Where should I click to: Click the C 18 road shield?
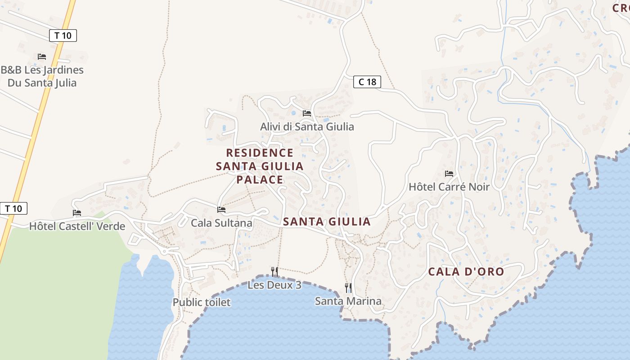[367, 82]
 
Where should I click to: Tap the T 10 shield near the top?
[63, 36]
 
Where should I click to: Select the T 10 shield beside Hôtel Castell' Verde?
[13, 208]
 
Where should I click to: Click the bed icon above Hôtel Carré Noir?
[449, 174]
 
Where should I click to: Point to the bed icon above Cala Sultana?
[221, 210]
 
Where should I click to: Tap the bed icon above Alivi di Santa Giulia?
[307, 113]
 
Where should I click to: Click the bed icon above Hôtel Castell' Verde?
[77, 213]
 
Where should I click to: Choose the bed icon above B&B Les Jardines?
[42, 57]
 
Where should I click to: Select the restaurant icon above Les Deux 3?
[274, 271]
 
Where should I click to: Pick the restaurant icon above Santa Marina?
[348, 288]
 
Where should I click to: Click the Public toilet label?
[202, 302]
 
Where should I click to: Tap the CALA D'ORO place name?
[466, 272]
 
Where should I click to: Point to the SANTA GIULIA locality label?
[327, 221]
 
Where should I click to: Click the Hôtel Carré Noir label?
[449, 186]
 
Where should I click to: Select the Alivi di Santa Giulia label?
[307, 126]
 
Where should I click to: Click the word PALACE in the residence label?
[260, 180]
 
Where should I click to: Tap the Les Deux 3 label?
[274, 285]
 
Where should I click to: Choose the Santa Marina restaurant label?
[348, 301]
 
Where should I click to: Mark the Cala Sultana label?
[221, 223]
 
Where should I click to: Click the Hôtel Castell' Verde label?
[77, 226]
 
